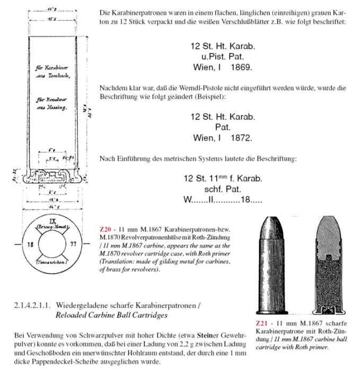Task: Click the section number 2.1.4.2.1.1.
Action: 33,306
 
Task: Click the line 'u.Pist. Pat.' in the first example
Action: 223,57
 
